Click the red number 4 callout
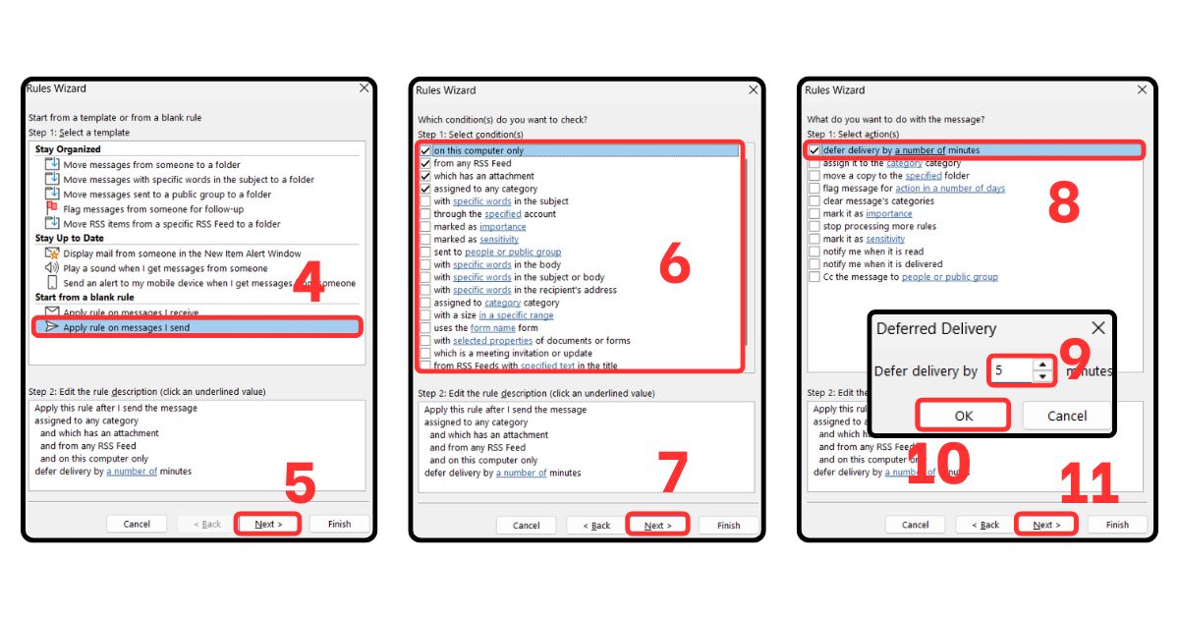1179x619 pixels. tap(308, 283)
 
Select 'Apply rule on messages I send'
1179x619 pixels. tap(126, 327)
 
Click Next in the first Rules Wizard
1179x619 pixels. tap(268, 524)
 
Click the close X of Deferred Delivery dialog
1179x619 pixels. tap(1097, 328)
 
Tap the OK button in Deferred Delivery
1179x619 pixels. tap(963, 416)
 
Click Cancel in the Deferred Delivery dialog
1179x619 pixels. tap(1066, 416)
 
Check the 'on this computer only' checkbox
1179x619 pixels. tap(424, 151)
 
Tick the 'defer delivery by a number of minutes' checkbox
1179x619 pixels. tap(814, 150)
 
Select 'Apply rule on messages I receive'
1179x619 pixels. tap(126, 312)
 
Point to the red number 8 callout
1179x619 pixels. tap(1063, 203)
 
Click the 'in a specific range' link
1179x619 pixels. tap(517, 315)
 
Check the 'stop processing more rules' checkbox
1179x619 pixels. tap(814, 226)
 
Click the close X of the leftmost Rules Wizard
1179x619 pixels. tap(364, 88)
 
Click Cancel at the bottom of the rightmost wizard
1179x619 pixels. tap(915, 525)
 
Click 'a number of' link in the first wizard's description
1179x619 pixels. tap(131, 472)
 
